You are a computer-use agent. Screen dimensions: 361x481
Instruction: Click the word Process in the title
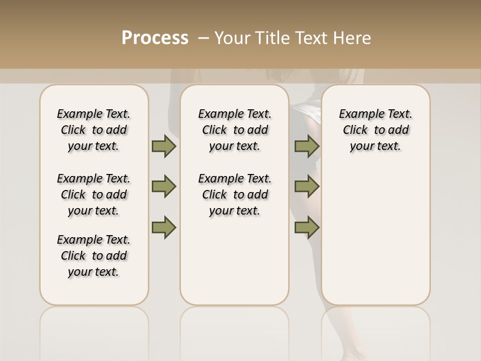click(x=155, y=38)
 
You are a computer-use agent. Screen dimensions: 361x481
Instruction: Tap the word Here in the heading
click(x=353, y=38)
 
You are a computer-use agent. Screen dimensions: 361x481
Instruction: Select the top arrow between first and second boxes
click(x=164, y=146)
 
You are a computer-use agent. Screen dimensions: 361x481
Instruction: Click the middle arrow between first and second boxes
click(x=164, y=187)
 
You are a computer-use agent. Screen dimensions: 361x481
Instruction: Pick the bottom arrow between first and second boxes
click(x=164, y=227)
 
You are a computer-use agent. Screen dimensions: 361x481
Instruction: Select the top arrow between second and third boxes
click(x=307, y=146)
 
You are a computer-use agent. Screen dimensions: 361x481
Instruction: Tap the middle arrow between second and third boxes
click(x=307, y=187)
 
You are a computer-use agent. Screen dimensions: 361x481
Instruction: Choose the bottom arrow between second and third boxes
click(x=307, y=227)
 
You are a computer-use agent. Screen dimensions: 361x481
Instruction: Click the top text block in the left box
click(x=94, y=130)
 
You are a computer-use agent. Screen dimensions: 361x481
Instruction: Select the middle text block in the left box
click(x=94, y=195)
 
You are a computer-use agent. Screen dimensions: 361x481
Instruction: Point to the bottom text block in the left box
click(x=94, y=256)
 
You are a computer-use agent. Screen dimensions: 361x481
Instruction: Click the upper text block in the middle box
click(x=234, y=130)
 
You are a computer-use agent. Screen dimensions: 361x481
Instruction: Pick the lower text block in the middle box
click(x=234, y=195)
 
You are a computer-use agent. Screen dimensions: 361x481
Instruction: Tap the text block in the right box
click(x=375, y=130)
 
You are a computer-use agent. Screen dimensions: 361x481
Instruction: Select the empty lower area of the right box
click(x=375, y=236)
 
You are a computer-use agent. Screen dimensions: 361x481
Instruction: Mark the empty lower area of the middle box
click(x=234, y=261)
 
